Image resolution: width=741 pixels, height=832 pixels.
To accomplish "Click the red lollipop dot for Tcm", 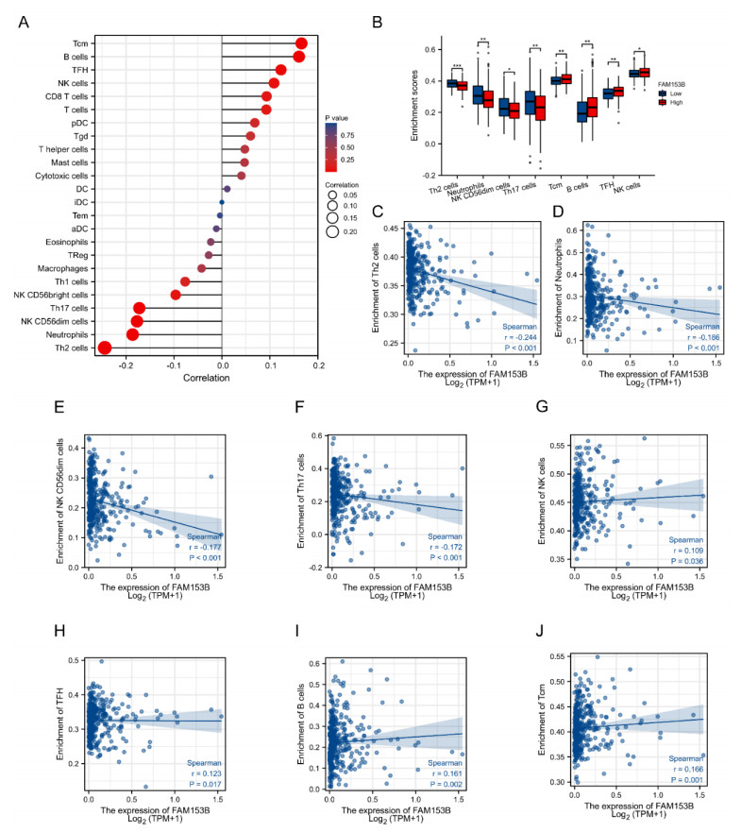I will tap(301, 43).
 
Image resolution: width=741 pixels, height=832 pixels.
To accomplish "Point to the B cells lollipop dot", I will tap(298, 57).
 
